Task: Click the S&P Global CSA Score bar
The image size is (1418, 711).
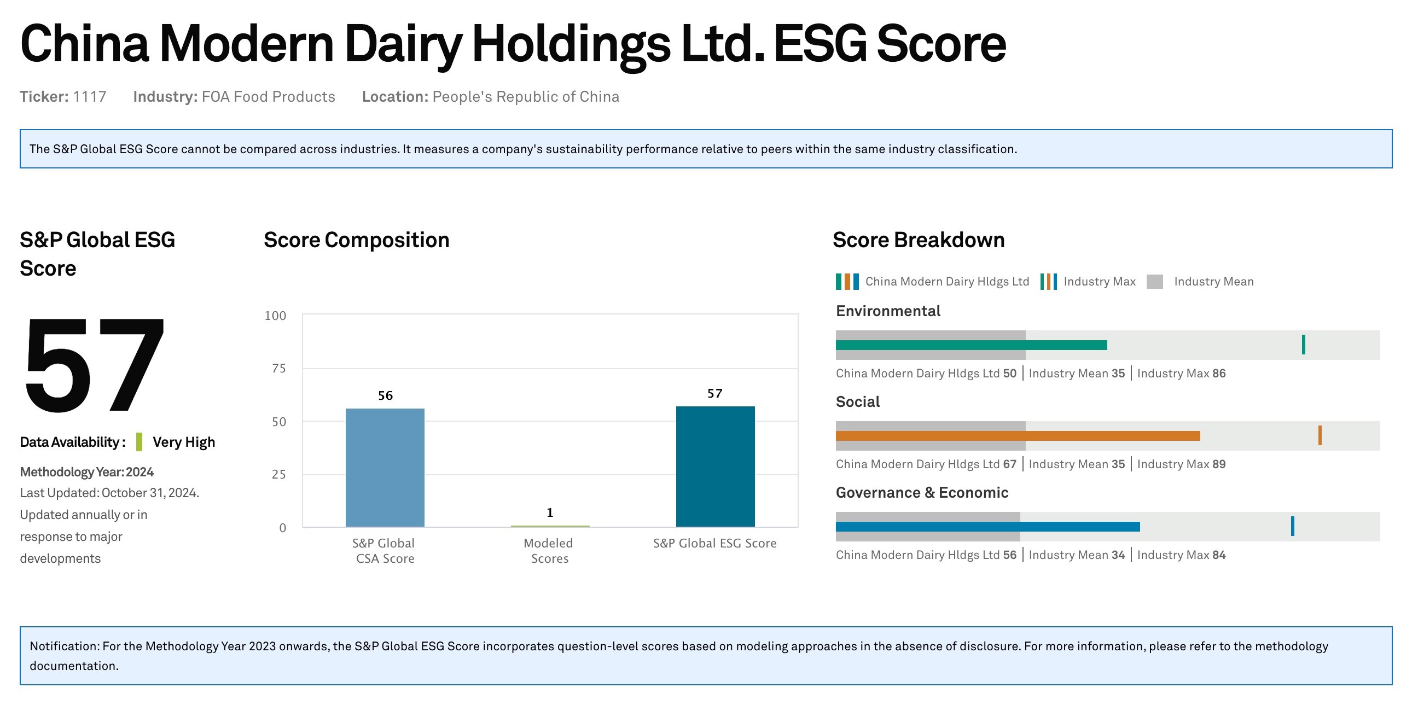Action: (x=385, y=467)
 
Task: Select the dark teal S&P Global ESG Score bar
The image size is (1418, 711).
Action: (x=715, y=466)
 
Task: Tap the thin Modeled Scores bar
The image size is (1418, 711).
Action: (x=550, y=526)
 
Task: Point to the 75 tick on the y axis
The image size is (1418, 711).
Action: (x=279, y=368)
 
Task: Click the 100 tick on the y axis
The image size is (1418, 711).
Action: (x=275, y=316)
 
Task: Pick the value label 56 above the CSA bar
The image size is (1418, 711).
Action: (x=385, y=395)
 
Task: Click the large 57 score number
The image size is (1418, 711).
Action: (x=94, y=364)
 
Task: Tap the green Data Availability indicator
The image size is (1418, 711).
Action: (x=140, y=442)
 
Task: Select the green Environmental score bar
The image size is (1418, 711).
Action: (x=971, y=345)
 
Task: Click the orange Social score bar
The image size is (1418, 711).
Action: (x=1018, y=436)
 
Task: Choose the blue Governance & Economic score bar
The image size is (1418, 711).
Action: (x=987, y=527)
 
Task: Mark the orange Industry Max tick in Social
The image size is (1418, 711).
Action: (x=1320, y=435)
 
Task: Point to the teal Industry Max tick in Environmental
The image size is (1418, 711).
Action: (x=1304, y=345)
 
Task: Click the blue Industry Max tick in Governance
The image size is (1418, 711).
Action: (x=1293, y=526)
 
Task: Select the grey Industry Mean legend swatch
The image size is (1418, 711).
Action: (x=1155, y=282)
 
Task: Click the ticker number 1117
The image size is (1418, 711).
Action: (x=90, y=97)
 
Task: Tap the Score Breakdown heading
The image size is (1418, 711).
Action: (x=919, y=240)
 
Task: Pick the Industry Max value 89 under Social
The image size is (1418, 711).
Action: (x=1219, y=464)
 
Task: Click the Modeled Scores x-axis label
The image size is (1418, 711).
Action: (x=549, y=551)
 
